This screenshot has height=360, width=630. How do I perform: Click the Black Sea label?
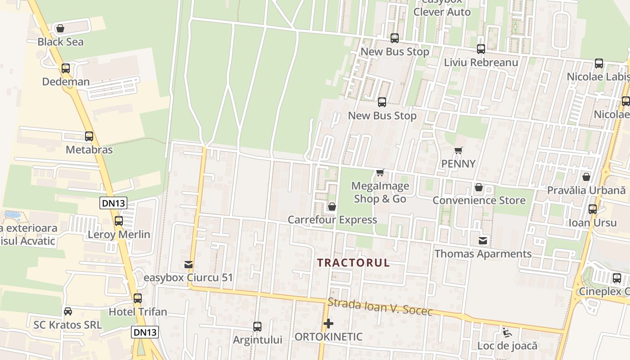point(60,42)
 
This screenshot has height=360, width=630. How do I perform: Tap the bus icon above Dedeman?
point(66,68)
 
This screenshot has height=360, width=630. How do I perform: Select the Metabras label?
point(89,149)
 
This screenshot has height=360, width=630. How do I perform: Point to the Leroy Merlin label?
point(119,234)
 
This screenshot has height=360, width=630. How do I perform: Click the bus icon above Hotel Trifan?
point(138,298)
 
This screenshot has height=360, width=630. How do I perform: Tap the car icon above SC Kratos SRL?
point(67,311)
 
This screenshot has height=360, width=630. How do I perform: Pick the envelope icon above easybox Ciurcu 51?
point(189,264)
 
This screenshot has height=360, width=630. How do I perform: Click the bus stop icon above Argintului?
point(257,326)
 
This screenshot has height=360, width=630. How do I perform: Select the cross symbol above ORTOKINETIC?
point(328,323)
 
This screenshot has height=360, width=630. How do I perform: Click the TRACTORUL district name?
point(353,263)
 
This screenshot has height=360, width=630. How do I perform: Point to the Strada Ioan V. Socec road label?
point(380,307)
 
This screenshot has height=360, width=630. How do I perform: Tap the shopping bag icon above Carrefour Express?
point(332,207)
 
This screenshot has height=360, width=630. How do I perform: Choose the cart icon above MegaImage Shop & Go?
point(380,172)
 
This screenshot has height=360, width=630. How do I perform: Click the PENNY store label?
point(458,164)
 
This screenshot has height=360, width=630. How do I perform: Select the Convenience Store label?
point(479,200)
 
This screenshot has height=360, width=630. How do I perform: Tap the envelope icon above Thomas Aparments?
point(483,241)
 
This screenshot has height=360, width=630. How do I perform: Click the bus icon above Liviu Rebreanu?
point(481,49)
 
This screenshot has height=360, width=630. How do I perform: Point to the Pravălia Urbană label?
point(586,190)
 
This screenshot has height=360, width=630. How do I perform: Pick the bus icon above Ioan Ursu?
point(593,209)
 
